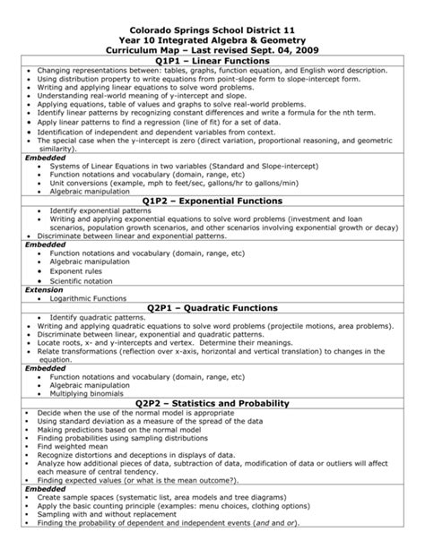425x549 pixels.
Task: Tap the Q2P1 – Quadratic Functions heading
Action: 212,307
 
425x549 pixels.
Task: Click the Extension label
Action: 44,289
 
